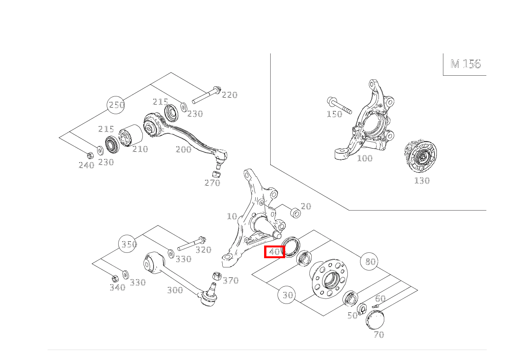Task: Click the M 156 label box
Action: point(465,64)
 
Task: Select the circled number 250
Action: point(117,105)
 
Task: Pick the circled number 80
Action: point(370,261)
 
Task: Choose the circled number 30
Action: point(288,295)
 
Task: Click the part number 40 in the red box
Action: point(275,252)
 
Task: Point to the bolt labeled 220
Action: point(206,96)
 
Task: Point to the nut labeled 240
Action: point(90,155)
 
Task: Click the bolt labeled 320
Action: point(191,244)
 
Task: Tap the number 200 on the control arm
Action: point(183,149)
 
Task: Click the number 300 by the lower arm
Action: point(175,290)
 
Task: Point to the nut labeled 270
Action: point(216,173)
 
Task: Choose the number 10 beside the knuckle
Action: point(232,216)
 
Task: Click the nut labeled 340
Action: point(114,278)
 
